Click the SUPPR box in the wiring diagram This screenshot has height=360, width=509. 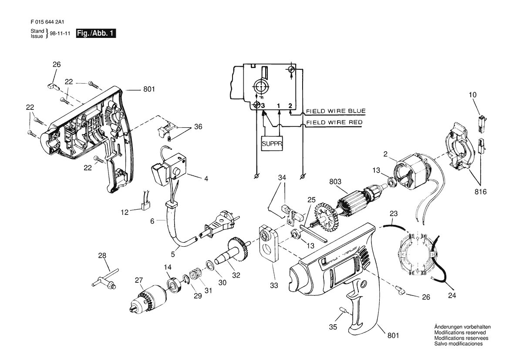(272, 143)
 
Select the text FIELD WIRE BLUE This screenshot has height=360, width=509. (336, 111)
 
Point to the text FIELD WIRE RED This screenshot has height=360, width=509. (334, 122)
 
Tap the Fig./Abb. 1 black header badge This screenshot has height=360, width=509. (96, 33)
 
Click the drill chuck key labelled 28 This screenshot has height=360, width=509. (105, 278)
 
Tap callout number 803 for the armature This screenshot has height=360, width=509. (335, 182)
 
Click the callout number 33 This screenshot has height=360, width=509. (274, 285)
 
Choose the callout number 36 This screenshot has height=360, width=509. (198, 126)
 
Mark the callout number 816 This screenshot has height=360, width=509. (480, 192)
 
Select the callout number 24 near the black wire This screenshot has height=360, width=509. (452, 295)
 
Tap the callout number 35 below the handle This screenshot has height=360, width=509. (333, 327)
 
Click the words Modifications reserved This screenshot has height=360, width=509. (460, 333)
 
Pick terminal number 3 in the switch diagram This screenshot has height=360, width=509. (263, 106)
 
